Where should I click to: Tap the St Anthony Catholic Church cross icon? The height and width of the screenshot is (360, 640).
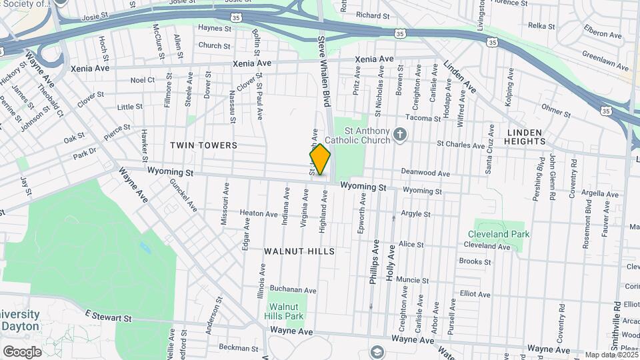click(399, 135)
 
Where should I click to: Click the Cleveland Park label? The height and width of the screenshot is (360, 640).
click(499, 234)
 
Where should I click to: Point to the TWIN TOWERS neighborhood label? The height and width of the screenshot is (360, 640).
click(203, 145)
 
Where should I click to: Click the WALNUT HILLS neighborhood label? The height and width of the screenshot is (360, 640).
click(299, 251)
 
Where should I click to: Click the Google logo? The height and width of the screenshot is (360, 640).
click(22, 351)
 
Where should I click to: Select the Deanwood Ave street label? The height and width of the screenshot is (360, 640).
click(425, 173)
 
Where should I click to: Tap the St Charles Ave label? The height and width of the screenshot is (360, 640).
click(461, 145)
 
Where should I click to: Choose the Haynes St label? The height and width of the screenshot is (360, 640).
click(214, 29)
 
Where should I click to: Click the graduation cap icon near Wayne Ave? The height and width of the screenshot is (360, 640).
click(377, 352)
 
